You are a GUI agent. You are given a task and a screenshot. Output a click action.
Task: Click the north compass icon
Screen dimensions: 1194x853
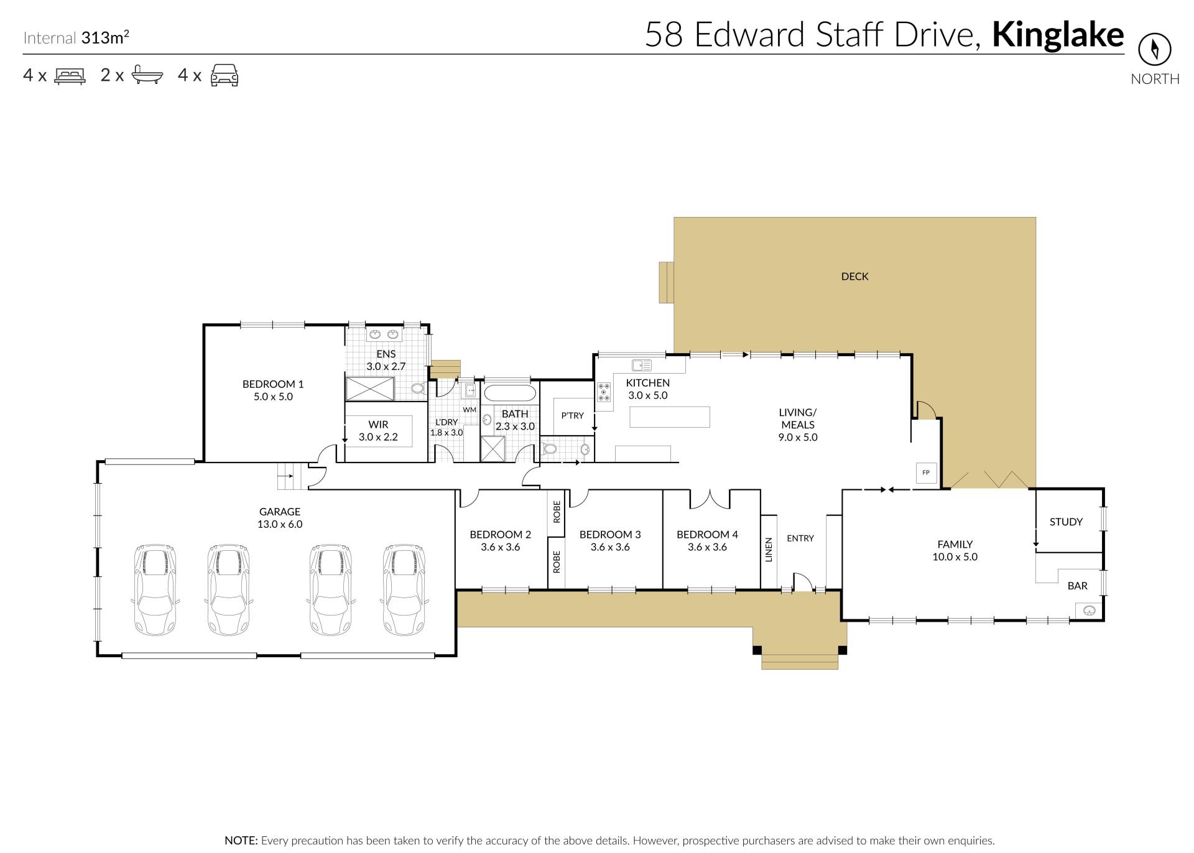(x=1155, y=49)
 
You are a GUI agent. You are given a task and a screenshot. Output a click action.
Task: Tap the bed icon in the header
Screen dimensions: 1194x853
(x=70, y=76)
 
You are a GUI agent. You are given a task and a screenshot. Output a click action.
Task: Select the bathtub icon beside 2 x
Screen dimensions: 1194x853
(x=147, y=75)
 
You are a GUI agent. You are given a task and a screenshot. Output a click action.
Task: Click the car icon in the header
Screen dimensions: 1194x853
(x=224, y=75)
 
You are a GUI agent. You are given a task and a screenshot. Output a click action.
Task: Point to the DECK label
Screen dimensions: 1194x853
(x=854, y=277)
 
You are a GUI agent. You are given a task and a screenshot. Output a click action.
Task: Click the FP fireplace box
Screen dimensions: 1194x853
(x=926, y=473)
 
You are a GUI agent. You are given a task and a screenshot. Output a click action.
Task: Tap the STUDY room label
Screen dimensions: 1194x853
(x=1066, y=522)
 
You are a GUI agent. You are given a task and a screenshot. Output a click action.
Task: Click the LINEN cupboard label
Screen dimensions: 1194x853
(x=769, y=550)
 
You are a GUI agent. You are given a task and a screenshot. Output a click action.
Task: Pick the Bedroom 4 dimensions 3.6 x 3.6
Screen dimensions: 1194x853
(x=707, y=548)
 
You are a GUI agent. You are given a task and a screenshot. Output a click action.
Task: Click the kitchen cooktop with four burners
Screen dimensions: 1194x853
(x=604, y=392)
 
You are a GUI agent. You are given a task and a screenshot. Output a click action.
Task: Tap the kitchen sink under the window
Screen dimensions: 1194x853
(x=641, y=365)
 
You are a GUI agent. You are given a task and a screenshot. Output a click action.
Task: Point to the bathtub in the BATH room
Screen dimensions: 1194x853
(x=509, y=393)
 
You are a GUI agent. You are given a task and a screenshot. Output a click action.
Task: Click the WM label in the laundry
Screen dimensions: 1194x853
(x=470, y=410)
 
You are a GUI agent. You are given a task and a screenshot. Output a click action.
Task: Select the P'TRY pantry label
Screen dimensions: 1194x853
(x=572, y=415)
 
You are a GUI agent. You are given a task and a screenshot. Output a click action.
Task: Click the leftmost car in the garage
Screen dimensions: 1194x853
(x=155, y=589)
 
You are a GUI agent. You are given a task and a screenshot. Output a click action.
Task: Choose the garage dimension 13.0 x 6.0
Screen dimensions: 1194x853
(x=280, y=524)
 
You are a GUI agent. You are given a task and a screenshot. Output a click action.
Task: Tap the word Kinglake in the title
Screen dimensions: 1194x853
(x=1058, y=35)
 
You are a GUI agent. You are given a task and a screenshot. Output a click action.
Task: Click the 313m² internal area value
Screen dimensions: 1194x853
(x=105, y=37)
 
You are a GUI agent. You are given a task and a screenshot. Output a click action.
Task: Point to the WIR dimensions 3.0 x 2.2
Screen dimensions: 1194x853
(x=378, y=437)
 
